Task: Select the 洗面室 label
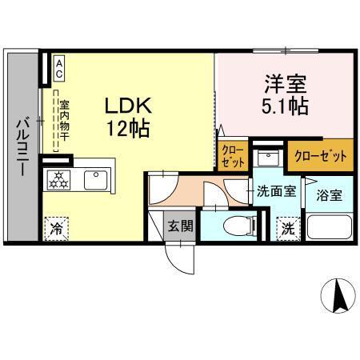[275, 191]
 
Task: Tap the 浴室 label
[329, 194]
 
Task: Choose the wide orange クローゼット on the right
[320, 156]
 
